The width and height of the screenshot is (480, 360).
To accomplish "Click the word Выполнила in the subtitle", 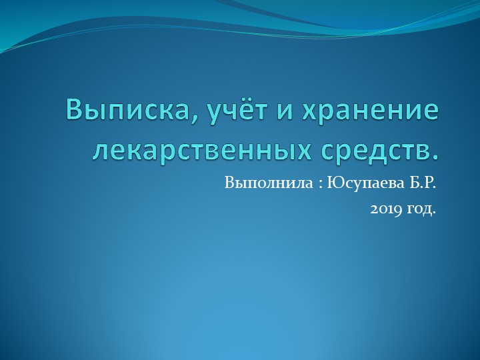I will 267,182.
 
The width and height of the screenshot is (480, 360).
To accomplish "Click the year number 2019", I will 384,209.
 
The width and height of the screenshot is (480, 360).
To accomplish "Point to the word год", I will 420,210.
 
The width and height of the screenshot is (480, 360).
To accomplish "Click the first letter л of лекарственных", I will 101,152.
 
